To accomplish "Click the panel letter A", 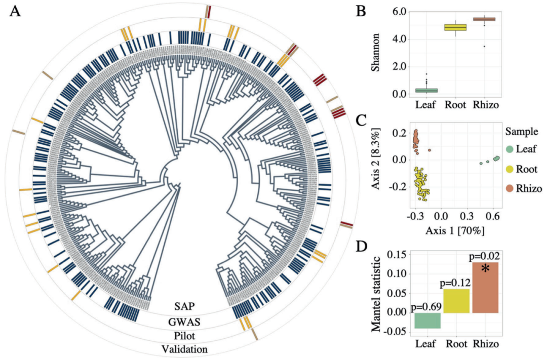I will tap(16, 11).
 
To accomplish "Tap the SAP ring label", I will tap(185, 306).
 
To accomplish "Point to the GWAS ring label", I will tap(185, 321).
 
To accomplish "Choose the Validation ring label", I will tap(185, 349).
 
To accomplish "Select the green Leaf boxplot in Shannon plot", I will tap(427, 91).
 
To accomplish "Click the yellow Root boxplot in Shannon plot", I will tap(455, 27).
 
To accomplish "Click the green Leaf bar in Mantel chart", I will tap(427, 321).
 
